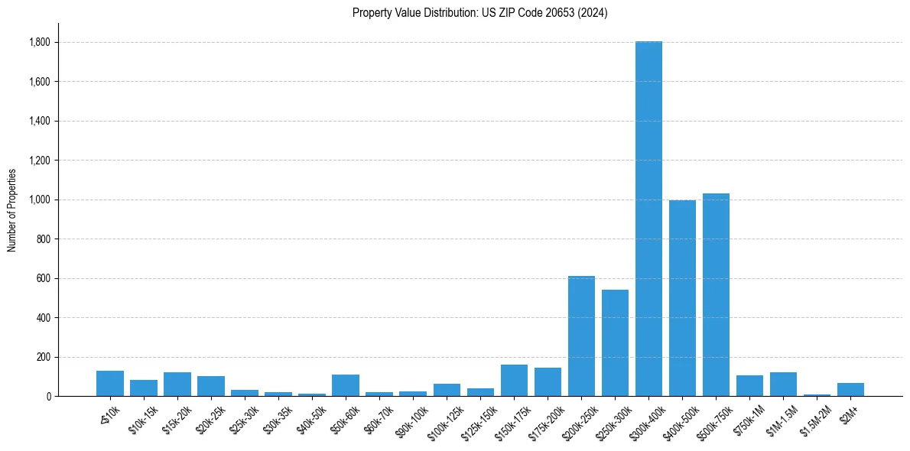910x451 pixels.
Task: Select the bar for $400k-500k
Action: pyautogui.click(x=682, y=298)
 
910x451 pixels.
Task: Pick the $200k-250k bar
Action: pyautogui.click(x=581, y=336)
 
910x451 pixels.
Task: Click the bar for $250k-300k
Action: pyautogui.click(x=615, y=343)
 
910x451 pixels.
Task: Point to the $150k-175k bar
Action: pyautogui.click(x=514, y=381)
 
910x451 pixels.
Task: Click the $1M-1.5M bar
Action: pyautogui.click(x=783, y=384)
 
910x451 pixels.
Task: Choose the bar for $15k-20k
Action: pyautogui.click(x=177, y=384)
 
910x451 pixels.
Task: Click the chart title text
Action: pyautogui.click(x=479, y=13)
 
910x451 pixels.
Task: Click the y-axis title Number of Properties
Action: pyautogui.click(x=12, y=209)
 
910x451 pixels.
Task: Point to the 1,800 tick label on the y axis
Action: pyautogui.click(x=39, y=42)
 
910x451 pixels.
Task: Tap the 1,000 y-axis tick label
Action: pyautogui.click(x=39, y=200)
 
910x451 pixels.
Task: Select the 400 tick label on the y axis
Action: pyautogui.click(x=43, y=317)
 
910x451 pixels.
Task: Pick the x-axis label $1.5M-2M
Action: pyautogui.click(x=814, y=420)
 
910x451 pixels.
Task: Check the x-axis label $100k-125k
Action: pyautogui.click(x=445, y=420)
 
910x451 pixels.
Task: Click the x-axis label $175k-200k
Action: pyautogui.click(x=546, y=420)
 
